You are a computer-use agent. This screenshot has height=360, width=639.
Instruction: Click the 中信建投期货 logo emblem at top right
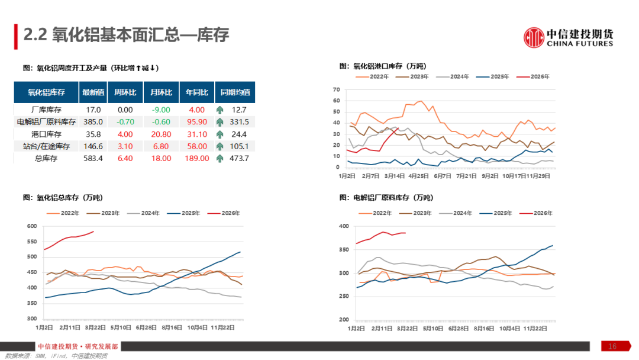click(x=534, y=37)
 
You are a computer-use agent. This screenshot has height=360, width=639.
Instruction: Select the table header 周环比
click(x=125, y=92)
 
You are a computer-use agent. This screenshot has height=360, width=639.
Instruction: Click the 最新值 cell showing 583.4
click(x=93, y=158)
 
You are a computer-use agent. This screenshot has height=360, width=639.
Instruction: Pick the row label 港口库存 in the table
click(x=46, y=134)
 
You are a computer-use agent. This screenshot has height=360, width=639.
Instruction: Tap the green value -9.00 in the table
click(x=161, y=110)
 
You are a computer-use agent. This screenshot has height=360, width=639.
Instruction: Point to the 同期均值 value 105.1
click(x=239, y=146)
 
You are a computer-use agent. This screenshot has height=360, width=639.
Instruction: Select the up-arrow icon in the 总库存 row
click(x=220, y=158)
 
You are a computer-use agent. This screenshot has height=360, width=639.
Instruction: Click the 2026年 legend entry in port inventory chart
click(x=532, y=77)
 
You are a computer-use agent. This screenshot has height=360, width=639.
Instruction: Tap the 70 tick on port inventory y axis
click(x=337, y=89)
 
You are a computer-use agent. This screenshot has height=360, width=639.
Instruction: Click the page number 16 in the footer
click(x=612, y=346)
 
